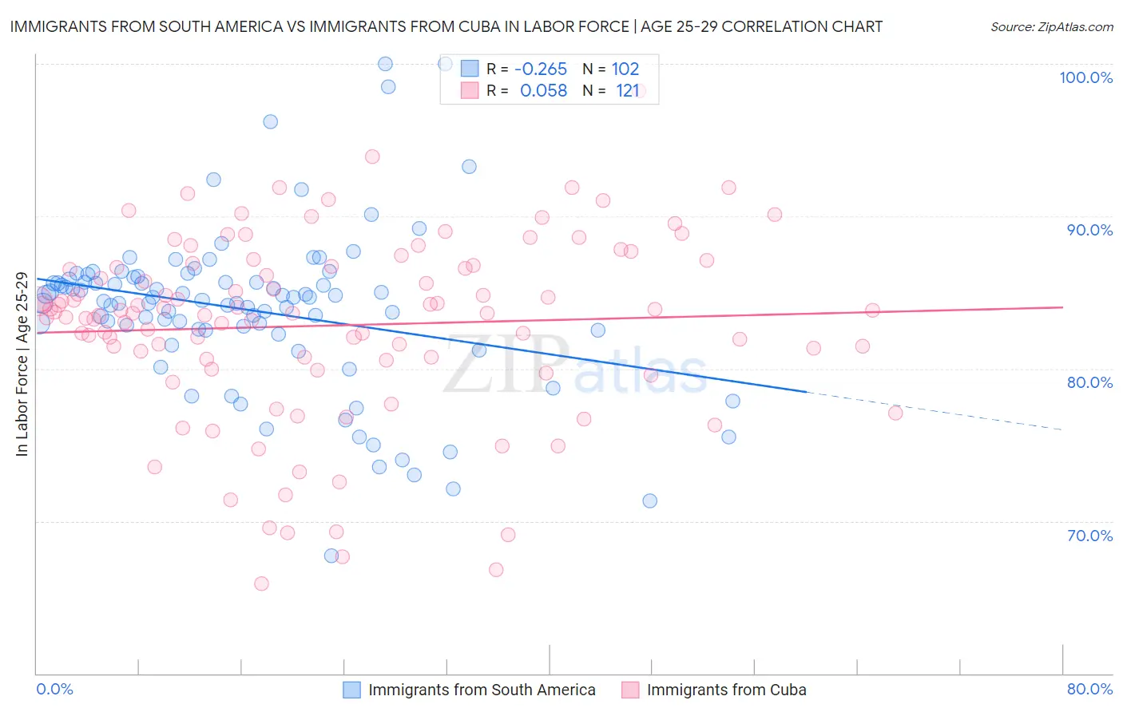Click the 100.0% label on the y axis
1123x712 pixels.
click(1085, 77)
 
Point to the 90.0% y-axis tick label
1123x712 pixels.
click(1089, 230)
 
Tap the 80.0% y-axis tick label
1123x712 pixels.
click(1089, 382)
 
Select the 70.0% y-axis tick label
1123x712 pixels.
click(1089, 535)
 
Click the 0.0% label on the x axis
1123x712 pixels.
click(54, 689)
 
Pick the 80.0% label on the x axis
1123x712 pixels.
click(1089, 689)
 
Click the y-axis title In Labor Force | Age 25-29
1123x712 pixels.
click(22, 365)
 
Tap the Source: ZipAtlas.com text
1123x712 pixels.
click(1051, 27)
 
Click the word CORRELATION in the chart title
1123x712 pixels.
click(774, 26)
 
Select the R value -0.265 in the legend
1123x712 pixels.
click(541, 69)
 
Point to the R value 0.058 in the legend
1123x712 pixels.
click(543, 91)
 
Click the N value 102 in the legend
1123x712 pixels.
click(625, 69)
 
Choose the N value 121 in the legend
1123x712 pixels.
click(627, 91)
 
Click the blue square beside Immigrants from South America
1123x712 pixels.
click(352, 690)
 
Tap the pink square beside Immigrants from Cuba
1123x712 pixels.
click(630, 690)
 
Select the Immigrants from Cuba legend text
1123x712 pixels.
click(726, 690)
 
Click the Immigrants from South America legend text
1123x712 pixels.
click(482, 690)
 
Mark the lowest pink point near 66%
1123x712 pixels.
click(261, 583)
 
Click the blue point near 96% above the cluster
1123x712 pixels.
click(271, 121)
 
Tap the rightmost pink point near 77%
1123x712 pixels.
click(895, 413)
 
